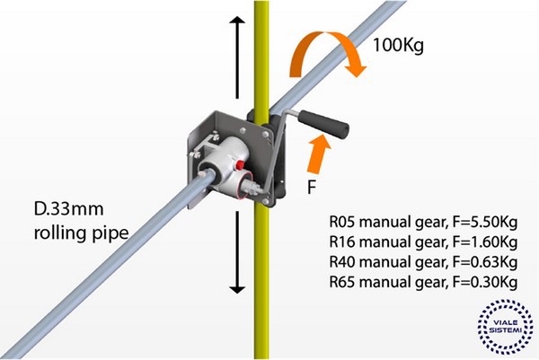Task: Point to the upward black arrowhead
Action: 237,24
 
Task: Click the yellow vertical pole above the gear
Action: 261,54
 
